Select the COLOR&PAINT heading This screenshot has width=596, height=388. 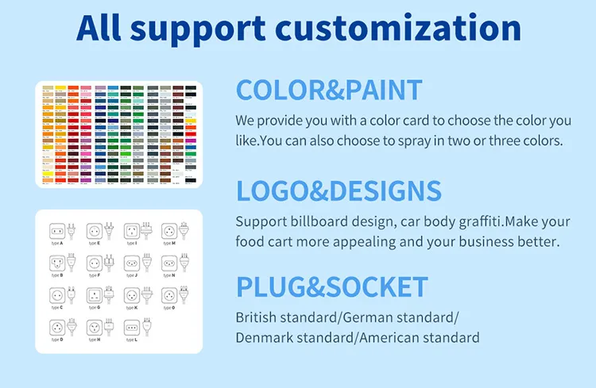(x=329, y=90)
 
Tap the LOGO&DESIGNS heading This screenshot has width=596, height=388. (x=339, y=191)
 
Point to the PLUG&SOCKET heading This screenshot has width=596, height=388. (x=332, y=287)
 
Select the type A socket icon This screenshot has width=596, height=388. (x=56, y=231)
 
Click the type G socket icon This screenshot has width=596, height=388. (x=94, y=294)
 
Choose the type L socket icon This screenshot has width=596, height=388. (x=131, y=326)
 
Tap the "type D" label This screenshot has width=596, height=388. (x=56, y=339)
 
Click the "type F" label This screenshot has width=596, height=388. (x=94, y=275)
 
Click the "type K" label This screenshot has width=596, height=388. (x=131, y=307)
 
